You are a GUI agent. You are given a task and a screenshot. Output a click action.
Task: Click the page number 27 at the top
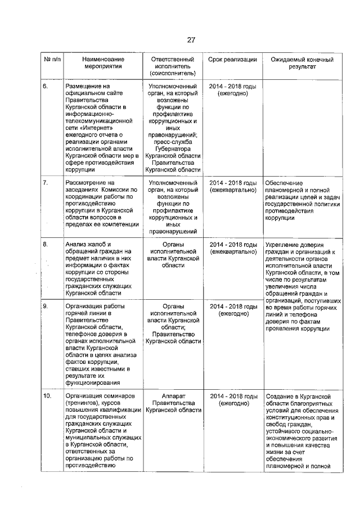(x=191, y=39)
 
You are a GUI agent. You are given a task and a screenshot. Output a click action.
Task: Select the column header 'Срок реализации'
(x=232, y=59)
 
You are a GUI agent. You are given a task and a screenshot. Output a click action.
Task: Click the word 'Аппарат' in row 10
(x=173, y=396)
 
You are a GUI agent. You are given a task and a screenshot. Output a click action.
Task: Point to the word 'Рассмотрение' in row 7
(x=85, y=183)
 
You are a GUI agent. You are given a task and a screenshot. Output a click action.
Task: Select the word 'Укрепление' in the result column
(x=285, y=244)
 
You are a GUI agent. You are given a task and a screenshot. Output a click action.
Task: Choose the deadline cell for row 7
(x=232, y=186)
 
